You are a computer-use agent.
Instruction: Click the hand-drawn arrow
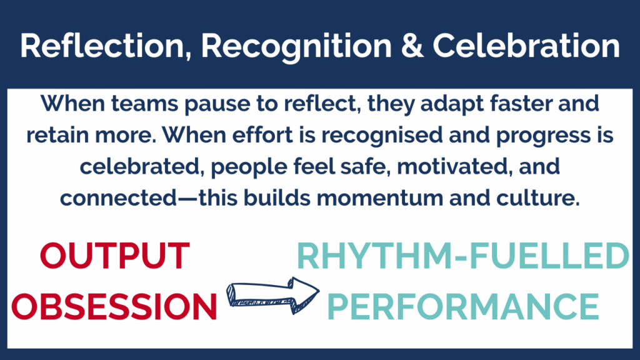272,296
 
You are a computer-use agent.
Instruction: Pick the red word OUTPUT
115,256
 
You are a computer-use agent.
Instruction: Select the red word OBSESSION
114,306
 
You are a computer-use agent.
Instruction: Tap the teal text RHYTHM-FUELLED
463,256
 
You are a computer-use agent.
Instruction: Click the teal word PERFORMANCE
463,306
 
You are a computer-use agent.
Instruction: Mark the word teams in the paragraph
145,103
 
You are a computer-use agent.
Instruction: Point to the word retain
57,135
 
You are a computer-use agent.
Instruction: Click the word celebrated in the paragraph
142,167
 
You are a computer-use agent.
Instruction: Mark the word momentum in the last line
379,199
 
